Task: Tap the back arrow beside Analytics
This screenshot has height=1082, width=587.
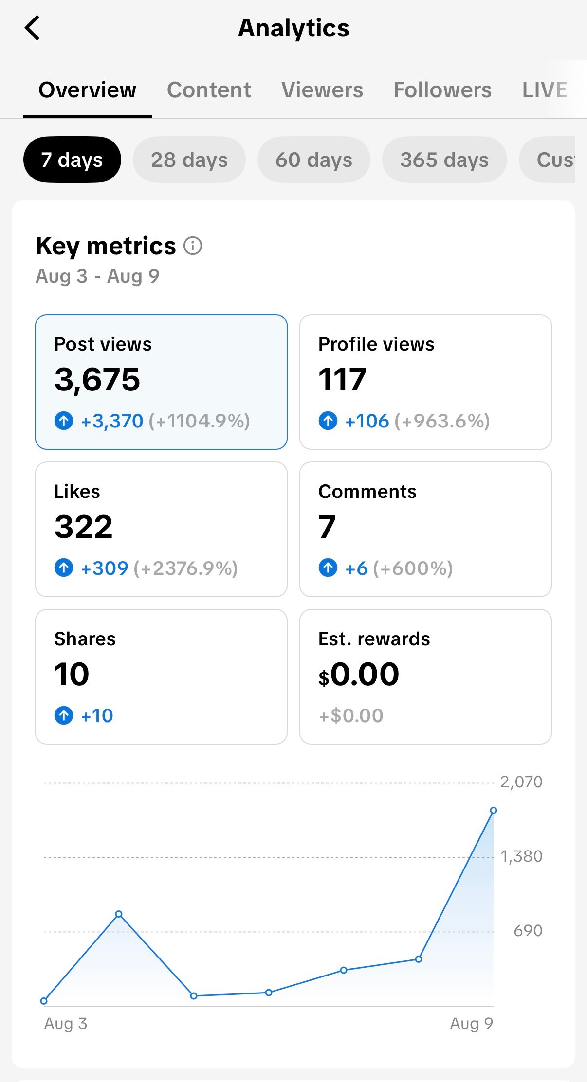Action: point(32,28)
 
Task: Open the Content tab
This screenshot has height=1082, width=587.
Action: point(209,90)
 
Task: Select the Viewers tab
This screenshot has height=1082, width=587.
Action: point(322,90)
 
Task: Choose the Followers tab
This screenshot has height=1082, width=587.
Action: point(442,90)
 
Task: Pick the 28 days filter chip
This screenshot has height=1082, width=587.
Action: point(189,160)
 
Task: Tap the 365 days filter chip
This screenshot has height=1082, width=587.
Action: point(444,160)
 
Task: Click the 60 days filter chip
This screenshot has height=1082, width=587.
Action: point(314,160)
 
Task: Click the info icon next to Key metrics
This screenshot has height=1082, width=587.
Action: point(193,246)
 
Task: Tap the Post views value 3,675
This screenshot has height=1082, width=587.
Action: point(97,379)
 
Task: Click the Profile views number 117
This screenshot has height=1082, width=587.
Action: point(342,379)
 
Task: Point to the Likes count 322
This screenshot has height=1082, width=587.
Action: point(84,527)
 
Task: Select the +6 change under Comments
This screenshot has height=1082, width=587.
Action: point(356,568)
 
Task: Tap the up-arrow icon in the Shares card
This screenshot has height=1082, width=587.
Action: point(64,715)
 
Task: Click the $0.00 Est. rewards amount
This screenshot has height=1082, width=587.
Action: point(359,674)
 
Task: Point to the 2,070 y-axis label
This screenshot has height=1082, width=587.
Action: point(521,782)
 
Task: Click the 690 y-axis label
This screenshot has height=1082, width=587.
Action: point(528,931)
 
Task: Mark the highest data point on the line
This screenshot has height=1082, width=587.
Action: point(494,810)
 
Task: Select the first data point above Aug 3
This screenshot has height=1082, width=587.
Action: point(44,1001)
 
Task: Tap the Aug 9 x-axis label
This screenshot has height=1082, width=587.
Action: point(471,1024)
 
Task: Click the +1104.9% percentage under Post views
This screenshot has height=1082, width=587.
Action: point(200,421)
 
